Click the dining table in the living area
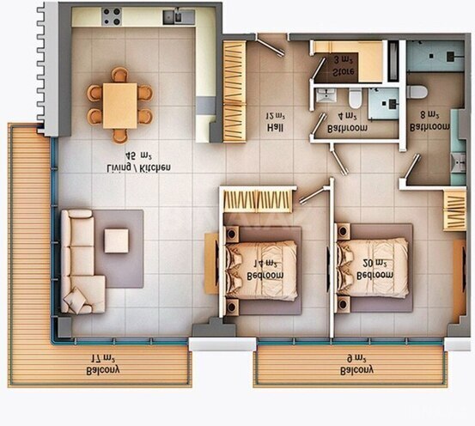pos(119,103)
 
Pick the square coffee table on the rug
pos(116,240)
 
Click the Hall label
pos(275,129)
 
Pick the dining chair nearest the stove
pos(119,74)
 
